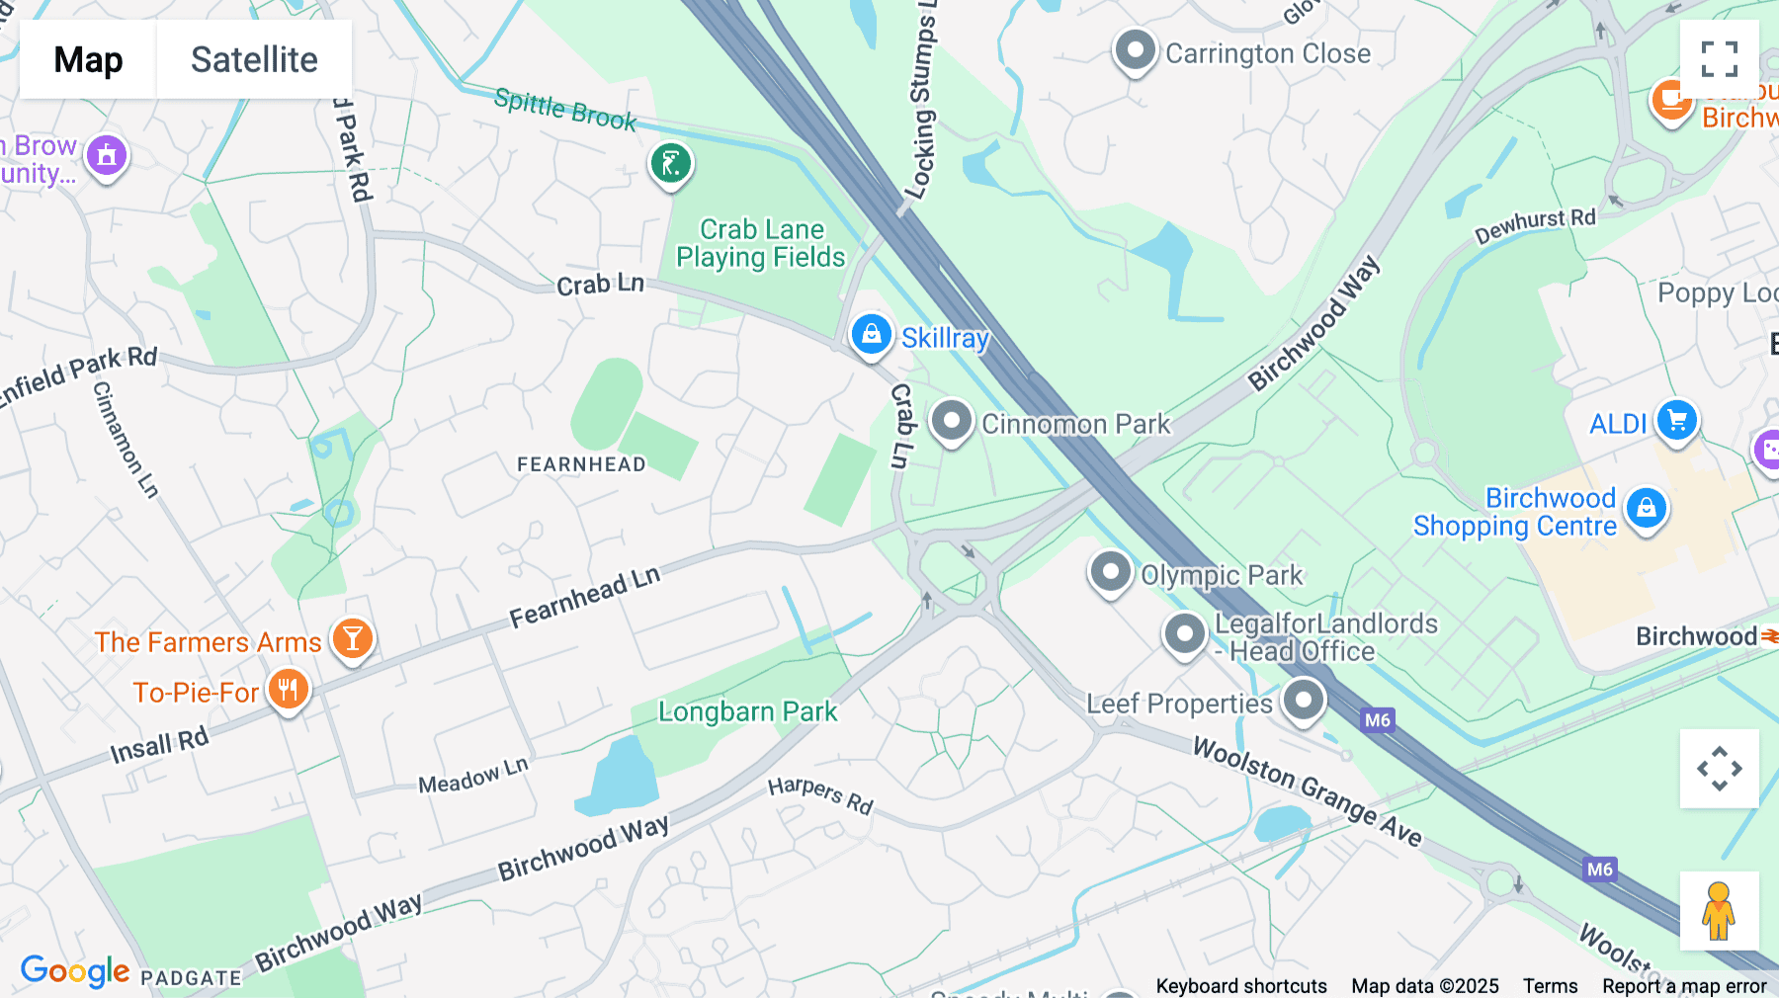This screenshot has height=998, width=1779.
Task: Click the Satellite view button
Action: [254, 59]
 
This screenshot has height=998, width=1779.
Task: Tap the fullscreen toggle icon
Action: [1719, 59]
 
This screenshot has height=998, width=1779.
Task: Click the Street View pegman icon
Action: [1719, 911]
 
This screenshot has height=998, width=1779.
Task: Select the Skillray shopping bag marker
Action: [871, 335]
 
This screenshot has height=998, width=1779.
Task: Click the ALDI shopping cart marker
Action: [1676, 421]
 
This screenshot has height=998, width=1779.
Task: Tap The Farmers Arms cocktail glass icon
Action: [353, 639]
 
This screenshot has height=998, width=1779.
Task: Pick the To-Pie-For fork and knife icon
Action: [288, 690]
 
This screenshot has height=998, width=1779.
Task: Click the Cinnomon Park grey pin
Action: [952, 422]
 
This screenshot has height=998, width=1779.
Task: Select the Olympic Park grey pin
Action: [1110, 572]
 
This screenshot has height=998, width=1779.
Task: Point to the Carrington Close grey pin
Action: [1135, 50]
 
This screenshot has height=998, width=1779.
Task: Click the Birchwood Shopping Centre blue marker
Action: [1646, 509]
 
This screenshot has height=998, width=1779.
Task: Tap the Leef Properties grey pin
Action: [1304, 701]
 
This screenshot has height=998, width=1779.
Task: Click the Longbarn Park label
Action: [747, 711]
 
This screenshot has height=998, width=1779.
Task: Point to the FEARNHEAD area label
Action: [581, 464]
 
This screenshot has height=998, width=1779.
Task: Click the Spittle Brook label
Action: [564, 109]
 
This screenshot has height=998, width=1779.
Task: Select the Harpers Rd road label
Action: [820, 795]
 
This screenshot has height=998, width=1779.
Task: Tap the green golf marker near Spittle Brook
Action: [670, 164]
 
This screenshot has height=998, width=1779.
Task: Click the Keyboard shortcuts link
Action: [1241, 985]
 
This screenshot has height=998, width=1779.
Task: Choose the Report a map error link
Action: [1684, 985]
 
